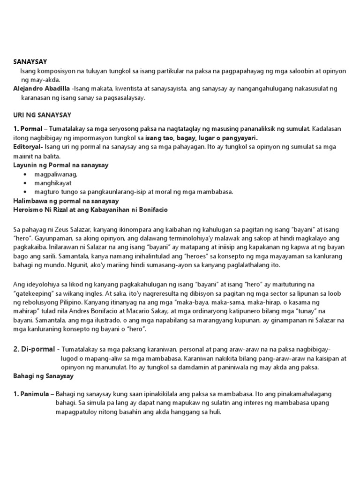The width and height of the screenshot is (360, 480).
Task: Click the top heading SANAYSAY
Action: pos(30,61)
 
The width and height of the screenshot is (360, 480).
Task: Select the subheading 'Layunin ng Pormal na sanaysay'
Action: pos(60,165)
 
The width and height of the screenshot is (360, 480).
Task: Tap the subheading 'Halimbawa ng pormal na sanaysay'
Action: pos(65,201)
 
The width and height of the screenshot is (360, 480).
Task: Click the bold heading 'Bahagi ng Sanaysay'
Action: pos(43,376)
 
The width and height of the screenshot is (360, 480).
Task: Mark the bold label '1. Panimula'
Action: pos(30,394)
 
